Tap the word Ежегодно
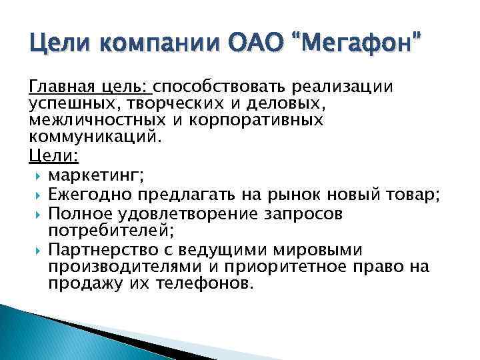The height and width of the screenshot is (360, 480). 91,196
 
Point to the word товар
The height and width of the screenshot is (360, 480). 412,196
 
